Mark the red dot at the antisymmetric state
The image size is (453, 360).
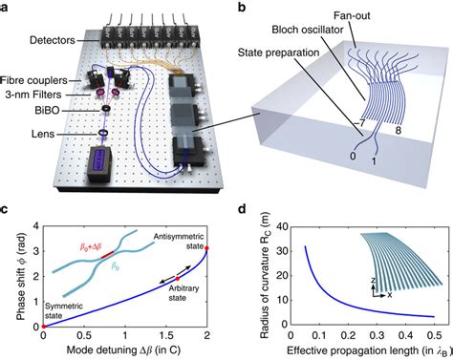[x=207, y=248]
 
